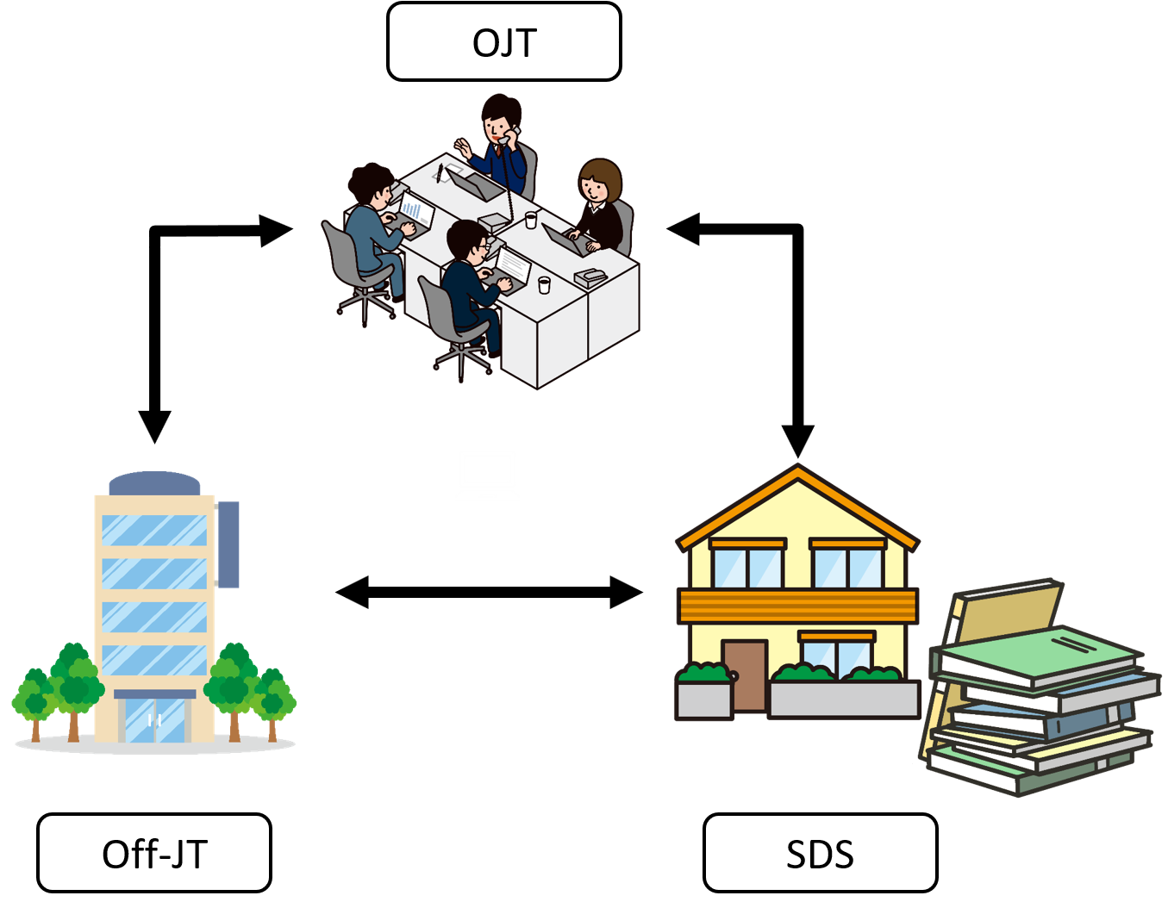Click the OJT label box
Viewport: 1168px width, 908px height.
pos(503,42)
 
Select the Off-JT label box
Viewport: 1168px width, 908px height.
pos(154,853)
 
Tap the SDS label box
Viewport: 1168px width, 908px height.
pos(820,853)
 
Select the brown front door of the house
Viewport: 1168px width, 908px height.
pos(745,675)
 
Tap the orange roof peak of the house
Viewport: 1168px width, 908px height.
pos(798,475)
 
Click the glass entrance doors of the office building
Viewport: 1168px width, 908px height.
pos(155,720)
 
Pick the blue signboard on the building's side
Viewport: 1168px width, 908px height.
pos(228,544)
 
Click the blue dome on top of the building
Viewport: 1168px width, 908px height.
pos(154,482)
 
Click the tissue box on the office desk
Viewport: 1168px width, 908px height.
pos(590,277)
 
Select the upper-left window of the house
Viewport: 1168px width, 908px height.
pos(747,566)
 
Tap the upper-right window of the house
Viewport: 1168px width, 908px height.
pos(848,566)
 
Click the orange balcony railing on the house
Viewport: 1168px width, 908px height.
pos(798,606)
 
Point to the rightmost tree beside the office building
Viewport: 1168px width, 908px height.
pos(274,698)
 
